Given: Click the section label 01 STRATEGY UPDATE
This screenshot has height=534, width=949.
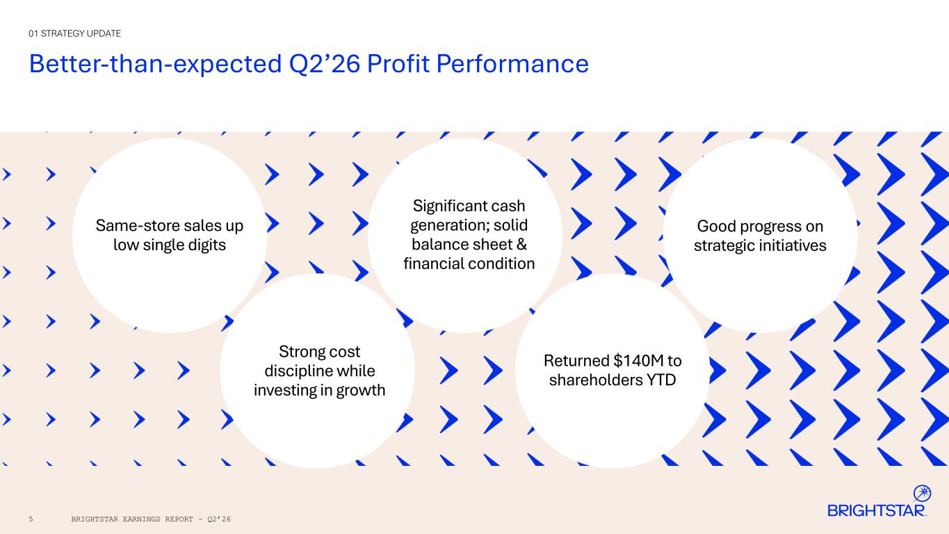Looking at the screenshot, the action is click(x=74, y=33).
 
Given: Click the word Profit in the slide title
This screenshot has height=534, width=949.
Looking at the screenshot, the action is click(x=398, y=64).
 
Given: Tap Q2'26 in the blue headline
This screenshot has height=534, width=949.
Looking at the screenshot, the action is click(x=325, y=65).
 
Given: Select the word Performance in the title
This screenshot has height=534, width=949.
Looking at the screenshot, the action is click(x=512, y=64).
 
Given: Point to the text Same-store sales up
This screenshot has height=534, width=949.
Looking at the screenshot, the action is click(x=170, y=226).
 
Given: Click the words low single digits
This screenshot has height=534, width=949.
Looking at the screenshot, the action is click(x=170, y=245).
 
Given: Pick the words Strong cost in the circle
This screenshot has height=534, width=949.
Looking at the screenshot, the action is click(x=319, y=352).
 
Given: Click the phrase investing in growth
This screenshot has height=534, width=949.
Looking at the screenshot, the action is click(x=319, y=390).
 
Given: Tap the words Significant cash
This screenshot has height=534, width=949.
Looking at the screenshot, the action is click(x=469, y=207).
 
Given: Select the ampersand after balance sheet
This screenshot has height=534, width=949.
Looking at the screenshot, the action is click(x=521, y=245).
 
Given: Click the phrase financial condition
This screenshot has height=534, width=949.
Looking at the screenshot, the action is click(x=469, y=264).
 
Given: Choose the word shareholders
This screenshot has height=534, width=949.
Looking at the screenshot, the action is click(x=595, y=380).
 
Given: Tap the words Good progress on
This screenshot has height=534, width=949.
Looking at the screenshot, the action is click(x=760, y=227).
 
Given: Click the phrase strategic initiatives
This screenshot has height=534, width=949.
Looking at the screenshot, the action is click(x=760, y=246).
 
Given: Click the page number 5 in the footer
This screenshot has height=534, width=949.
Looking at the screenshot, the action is click(x=31, y=519).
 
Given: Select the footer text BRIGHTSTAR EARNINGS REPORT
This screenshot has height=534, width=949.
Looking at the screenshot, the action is click(x=132, y=519).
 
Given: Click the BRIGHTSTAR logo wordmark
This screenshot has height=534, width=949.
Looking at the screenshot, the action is click(x=876, y=510).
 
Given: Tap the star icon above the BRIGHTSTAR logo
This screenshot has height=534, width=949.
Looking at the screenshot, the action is click(x=922, y=493).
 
